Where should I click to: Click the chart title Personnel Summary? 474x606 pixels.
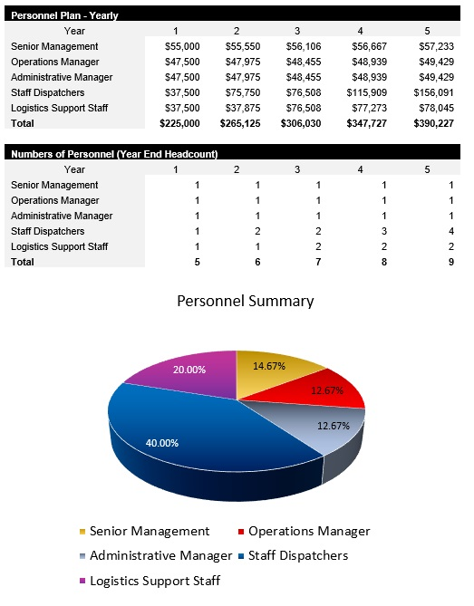[245, 301]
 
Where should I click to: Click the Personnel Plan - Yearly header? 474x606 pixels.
[64, 15]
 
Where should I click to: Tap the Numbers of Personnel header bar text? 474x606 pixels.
[113, 154]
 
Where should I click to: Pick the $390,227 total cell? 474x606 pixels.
[434, 122]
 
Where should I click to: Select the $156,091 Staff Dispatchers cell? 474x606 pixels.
[434, 91]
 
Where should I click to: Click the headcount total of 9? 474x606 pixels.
[450, 261]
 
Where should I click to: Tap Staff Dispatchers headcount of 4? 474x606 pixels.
[450, 231]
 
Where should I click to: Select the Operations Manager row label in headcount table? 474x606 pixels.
[55, 200]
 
